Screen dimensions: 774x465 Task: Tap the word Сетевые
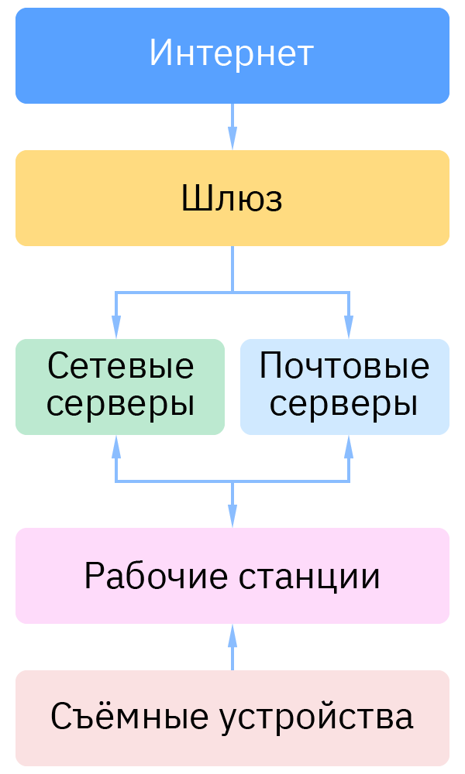(x=120, y=366)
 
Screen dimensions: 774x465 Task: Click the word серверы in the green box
(x=120, y=404)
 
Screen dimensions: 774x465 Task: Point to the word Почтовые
(x=344, y=366)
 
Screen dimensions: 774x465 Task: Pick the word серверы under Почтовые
(x=344, y=404)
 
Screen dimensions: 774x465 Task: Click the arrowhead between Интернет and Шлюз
(x=232, y=139)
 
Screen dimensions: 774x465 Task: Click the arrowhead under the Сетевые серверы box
(x=116, y=446)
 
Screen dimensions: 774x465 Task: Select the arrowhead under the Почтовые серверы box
(x=349, y=446)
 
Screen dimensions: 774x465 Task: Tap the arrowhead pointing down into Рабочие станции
(x=232, y=517)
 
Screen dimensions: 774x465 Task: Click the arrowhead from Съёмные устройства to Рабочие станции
(x=232, y=635)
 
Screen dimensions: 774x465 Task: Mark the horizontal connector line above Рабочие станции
(x=174, y=481)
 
